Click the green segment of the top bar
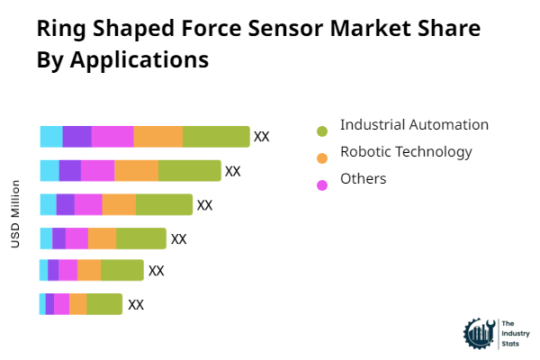point(216,137)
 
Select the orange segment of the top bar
point(158,137)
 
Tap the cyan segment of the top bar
point(51,137)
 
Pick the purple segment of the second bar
point(70,171)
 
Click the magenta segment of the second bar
point(97,171)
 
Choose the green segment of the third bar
point(164,205)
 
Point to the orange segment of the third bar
point(119,205)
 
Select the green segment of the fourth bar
point(141,238)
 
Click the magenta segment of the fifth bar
point(68,270)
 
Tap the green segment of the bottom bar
point(104,304)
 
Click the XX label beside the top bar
point(262,137)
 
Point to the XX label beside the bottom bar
point(136,304)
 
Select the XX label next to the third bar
point(205,205)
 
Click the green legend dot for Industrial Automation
point(322,131)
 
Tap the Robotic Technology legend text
point(406,152)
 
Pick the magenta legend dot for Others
point(322,185)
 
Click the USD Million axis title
point(15,214)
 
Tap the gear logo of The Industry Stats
point(478,333)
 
